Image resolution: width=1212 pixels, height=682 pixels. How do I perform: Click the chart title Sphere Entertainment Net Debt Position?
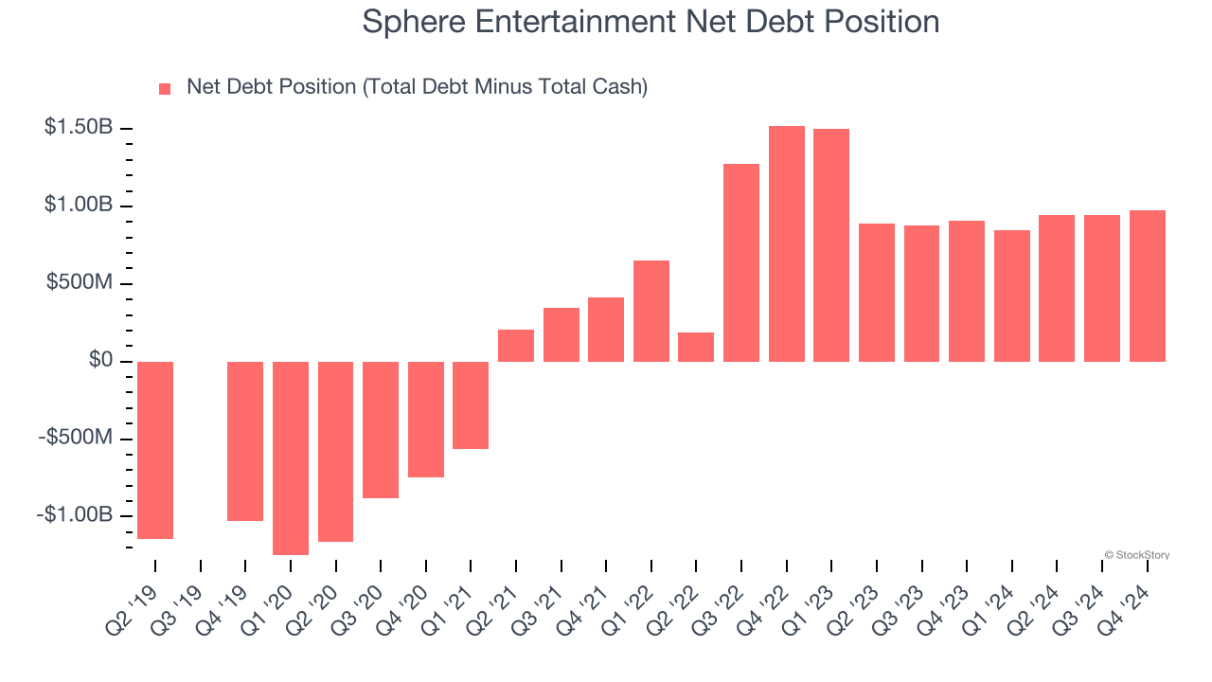tap(651, 22)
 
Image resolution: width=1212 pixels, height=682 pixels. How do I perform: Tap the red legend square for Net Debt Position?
tap(165, 88)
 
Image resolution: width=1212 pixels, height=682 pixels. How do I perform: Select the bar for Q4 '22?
tap(786, 243)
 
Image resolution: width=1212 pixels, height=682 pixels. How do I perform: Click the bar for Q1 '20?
tap(291, 458)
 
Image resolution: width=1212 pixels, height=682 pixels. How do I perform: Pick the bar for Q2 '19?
tap(155, 450)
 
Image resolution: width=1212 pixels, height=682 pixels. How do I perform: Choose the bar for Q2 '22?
tap(696, 347)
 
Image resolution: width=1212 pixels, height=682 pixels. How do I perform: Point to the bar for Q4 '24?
tap(1147, 285)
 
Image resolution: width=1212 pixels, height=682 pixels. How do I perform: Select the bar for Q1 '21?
tap(471, 404)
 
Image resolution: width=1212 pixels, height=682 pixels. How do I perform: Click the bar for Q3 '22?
tap(741, 262)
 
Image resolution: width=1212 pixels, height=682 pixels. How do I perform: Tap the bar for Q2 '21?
tap(516, 345)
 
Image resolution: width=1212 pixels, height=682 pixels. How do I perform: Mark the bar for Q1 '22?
tap(651, 311)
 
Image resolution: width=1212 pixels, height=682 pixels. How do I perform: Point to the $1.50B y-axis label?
tap(78, 128)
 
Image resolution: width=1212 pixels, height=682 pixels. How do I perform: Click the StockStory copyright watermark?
tap(1136, 555)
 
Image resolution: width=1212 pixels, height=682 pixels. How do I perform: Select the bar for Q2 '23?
tap(876, 292)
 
